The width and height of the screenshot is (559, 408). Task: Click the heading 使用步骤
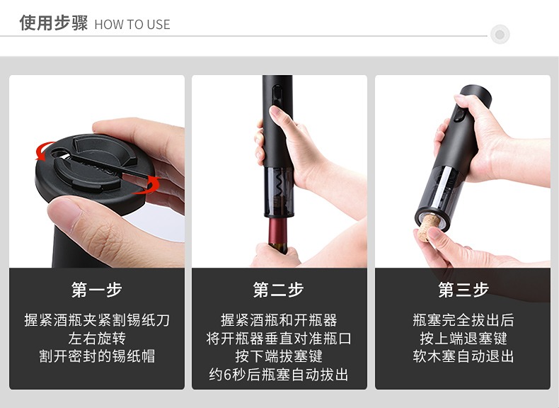pos(54,23)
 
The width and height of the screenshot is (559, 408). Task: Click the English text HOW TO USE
pos(132,25)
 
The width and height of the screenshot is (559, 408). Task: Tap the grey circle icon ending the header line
pos(500,35)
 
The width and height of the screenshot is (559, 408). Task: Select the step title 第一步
pos(97,290)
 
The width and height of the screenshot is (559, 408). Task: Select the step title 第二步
pos(278,290)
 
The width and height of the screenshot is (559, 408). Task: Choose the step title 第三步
pos(463,290)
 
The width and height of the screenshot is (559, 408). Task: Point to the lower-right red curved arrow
pos(148,186)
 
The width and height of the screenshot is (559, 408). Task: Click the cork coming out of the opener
pos(428,227)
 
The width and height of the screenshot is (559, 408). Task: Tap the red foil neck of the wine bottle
pos(277,231)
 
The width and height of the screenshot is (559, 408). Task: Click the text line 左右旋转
pos(97,339)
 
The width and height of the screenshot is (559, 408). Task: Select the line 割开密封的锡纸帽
pos(97,356)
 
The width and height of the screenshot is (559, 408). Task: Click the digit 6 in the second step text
pos(228,375)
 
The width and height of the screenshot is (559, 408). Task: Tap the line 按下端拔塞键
pos(278,356)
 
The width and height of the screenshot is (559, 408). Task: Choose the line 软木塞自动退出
pos(463,356)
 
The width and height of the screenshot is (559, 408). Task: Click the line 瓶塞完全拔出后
pos(463,320)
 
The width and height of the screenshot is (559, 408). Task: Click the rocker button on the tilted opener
pos(459,115)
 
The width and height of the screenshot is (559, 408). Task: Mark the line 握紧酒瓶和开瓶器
pos(278,320)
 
